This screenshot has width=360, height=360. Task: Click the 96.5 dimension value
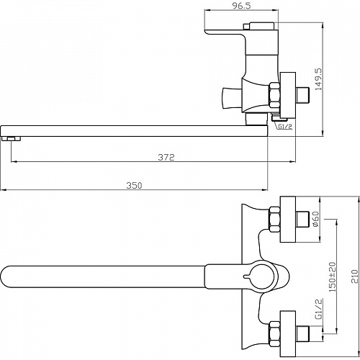click(x=241, y=6)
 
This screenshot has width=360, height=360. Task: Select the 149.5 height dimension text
click(x=319, y=79)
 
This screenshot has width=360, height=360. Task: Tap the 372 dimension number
click(x=166, y=157)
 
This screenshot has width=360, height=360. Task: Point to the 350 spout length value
click(x=134, y=185)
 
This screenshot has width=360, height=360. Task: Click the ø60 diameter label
click(x=316, y=219)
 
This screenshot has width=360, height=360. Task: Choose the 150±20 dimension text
click(x=333, y=276)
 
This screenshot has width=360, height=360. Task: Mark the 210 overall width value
click(x=354, y=276)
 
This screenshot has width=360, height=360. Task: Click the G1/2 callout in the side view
click(x=285, y=126)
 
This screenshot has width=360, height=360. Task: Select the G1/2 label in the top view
click(x=319, y=309)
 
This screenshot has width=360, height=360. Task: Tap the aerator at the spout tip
click(x=11, y=139)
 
